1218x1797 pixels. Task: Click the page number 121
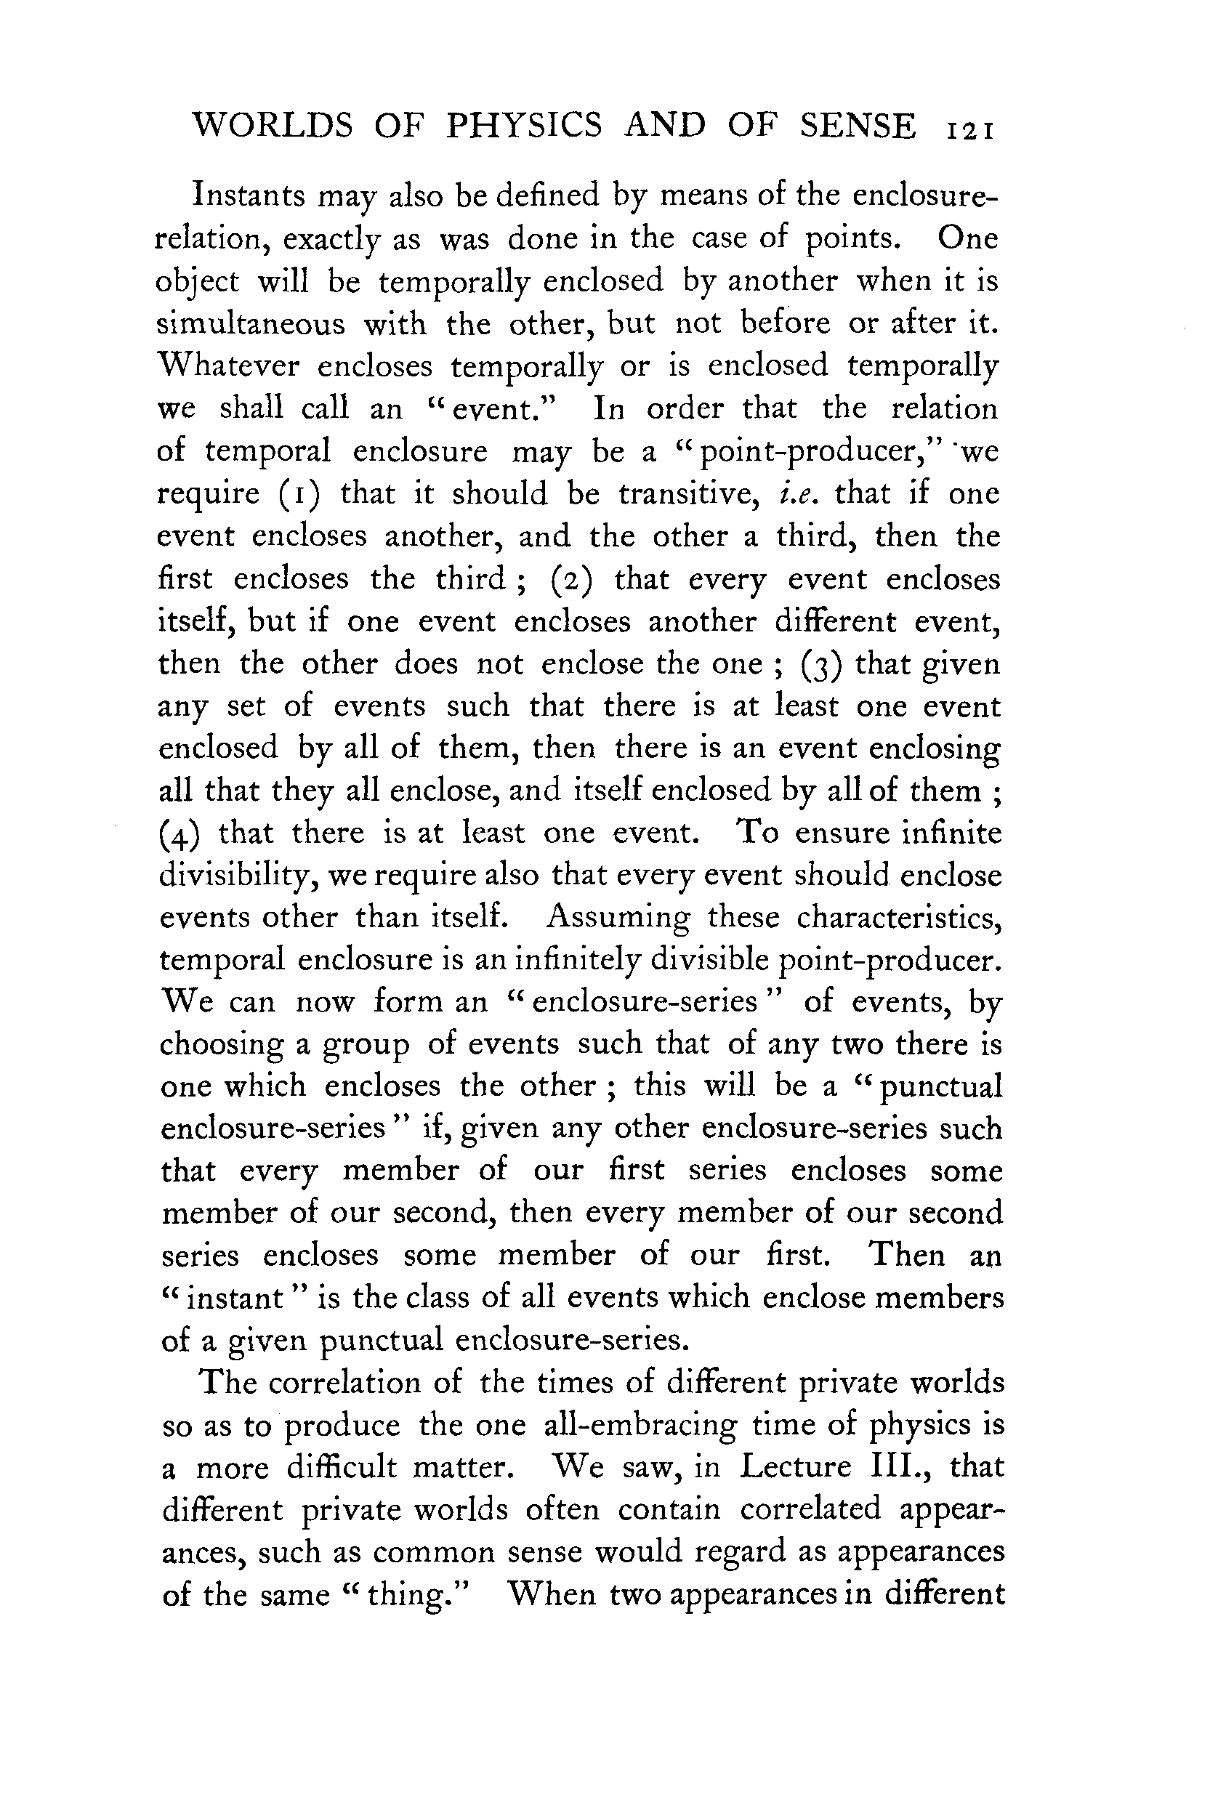click(969, 129)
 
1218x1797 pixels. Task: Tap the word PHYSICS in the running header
click(523, 126)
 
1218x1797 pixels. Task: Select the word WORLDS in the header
click(272, 126)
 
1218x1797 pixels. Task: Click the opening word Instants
click(249, 195)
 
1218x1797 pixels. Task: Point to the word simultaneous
click(251, 323)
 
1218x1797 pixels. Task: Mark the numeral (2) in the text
click(571, 579)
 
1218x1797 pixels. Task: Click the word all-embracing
click(640, 1425)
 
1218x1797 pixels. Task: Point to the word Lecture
click(795, 1467)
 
